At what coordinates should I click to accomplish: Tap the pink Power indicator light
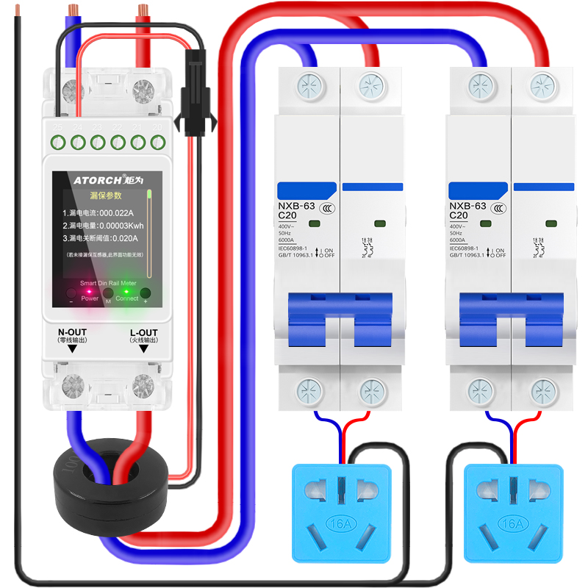[90, 292]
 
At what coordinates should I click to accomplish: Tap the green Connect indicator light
[126, 292]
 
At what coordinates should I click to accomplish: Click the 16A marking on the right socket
[512, 524]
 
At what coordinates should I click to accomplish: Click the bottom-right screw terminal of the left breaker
[370, 389]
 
